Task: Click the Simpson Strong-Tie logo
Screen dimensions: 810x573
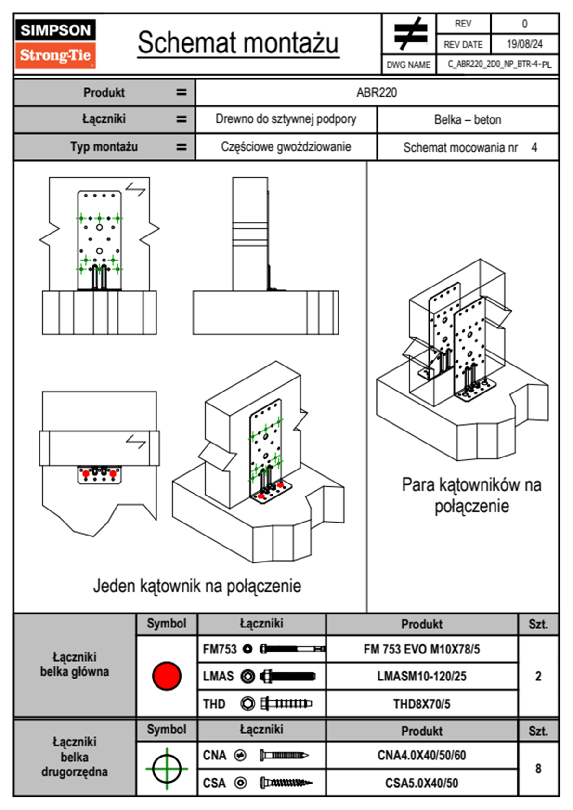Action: [55, 44]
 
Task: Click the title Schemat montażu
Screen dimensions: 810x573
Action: [238, 43]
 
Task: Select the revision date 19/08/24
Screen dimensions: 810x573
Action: [524, 44]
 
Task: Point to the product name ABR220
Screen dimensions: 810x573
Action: [377, 92]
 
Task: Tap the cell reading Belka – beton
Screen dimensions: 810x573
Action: [468, 119]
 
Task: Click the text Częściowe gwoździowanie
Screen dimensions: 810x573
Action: [286, 147]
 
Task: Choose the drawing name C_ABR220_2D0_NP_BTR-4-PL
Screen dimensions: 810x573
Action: [499, 65]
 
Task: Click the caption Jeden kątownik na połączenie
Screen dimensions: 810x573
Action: [197, 586]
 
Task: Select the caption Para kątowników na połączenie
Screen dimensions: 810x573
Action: [471, 495]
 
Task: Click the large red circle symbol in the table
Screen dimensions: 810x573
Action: [167, 676]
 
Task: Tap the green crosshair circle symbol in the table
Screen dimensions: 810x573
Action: [167, 769]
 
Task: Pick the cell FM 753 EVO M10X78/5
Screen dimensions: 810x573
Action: [421, 650]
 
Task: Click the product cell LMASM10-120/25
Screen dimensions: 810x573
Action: [421, 677]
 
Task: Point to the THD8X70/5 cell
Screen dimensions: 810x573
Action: [421, 704]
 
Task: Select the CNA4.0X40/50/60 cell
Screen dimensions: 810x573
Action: [421, 755]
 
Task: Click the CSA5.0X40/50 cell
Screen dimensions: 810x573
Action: [421, 783]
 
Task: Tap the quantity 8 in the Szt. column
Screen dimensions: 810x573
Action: [538, 769]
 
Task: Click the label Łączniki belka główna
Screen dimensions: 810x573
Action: [75, 665]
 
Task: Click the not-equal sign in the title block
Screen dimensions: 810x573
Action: [410, 34]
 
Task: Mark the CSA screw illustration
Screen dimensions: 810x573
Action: [285, 783]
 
